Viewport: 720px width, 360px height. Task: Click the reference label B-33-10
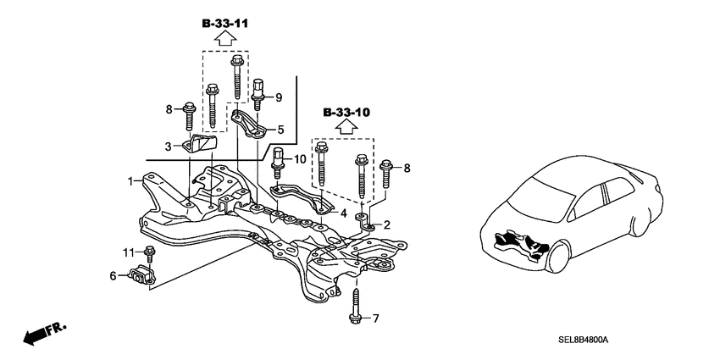point(346,112)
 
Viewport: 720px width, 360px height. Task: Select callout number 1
point(131,180)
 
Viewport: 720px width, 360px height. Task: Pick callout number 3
point(169,146)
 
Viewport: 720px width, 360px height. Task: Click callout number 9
point(279,97)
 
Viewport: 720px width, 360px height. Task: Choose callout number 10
point(300,159)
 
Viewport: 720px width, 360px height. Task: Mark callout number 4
point(344,214)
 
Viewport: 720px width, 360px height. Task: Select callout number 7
point(376,318)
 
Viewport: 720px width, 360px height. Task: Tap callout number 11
point(130,252)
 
